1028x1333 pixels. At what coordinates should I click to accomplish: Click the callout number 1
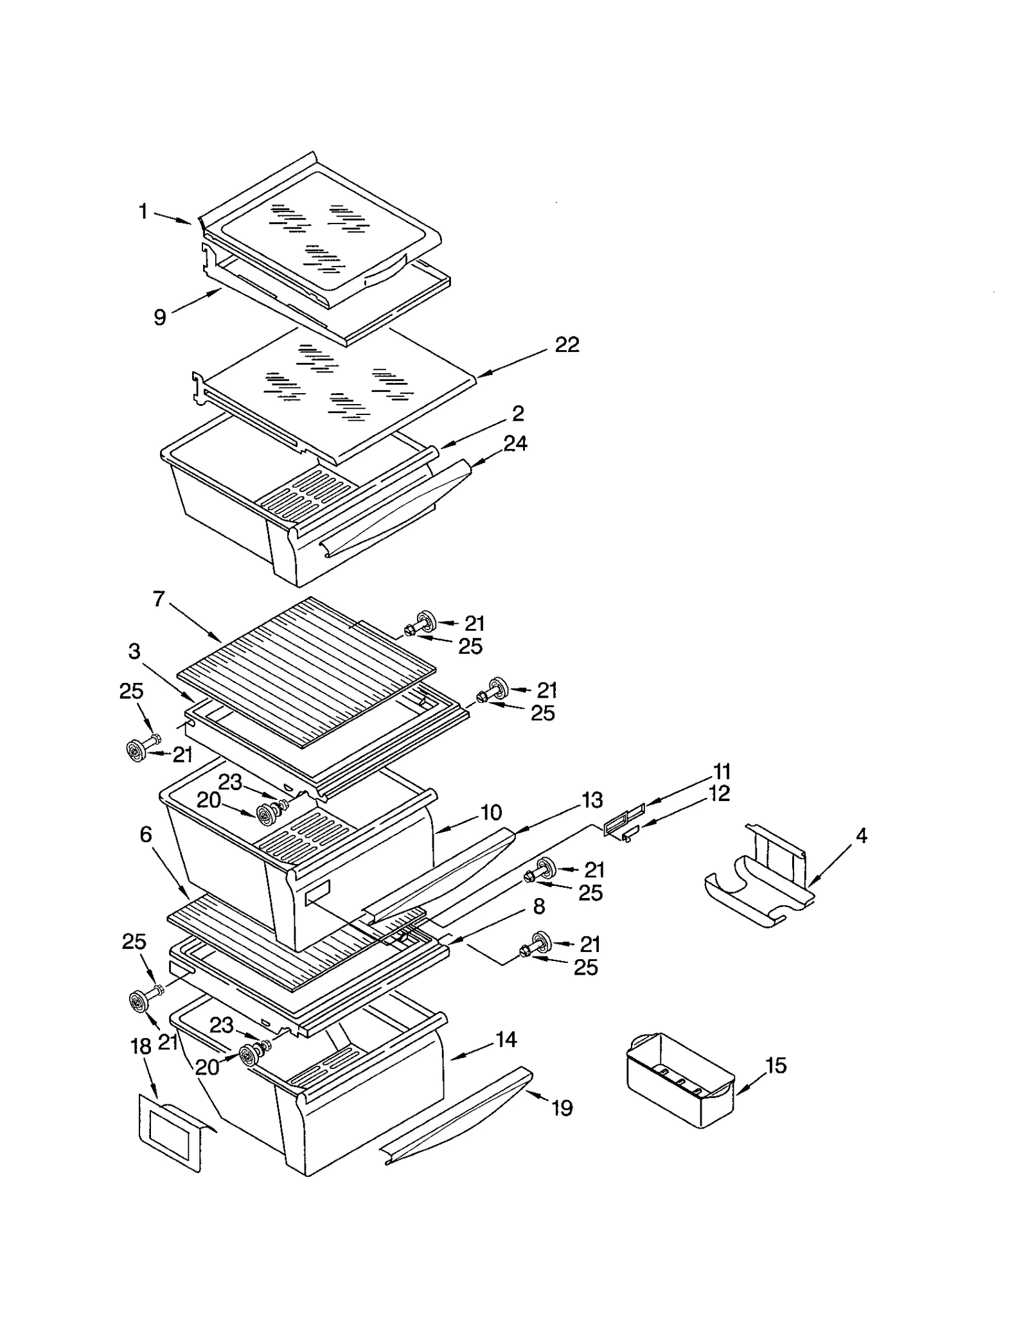[x=143, y=211]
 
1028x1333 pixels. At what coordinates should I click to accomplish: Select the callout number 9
[x=160, y=317]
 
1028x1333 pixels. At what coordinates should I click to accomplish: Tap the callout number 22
[x=567, y=345]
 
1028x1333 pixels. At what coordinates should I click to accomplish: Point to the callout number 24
[x=515, y=443]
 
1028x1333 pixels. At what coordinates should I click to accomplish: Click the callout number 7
[x=159, y=599]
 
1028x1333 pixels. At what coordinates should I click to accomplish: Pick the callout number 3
[x=134, y=651]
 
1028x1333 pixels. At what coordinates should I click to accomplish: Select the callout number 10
[x=491, y=813]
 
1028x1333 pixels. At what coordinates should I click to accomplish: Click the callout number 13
[x=592, y=800]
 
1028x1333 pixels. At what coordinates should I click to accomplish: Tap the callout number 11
[x=722, y=772]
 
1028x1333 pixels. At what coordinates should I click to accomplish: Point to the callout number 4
[x=862, y=836]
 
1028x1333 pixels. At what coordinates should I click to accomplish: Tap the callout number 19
[x=562, y=1108]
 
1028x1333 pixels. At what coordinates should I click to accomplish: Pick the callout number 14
[x=506, y=1039]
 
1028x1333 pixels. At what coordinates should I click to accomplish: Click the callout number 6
[x=146, y=834]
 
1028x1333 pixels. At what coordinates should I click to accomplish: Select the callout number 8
[x=538, y=906]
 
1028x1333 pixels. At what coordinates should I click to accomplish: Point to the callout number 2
[x=518, y=413]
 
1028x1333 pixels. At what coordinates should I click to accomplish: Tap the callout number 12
[x=720, y=794]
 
